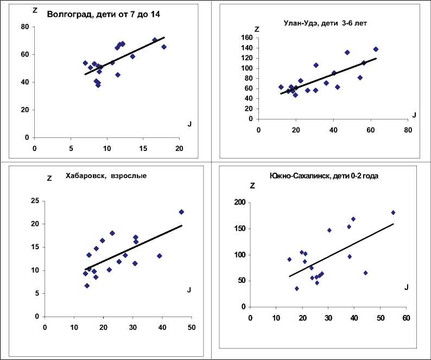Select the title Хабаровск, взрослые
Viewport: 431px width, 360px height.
coord(106,175)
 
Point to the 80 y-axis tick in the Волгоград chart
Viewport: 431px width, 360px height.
coord(25,27)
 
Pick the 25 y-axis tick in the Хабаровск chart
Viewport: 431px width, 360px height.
coord(34,201)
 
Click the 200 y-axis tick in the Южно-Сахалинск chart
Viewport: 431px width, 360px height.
coord(239,203)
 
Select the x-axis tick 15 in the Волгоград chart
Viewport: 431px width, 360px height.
coord(143,148)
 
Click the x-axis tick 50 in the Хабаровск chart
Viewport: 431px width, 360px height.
coord(192,327)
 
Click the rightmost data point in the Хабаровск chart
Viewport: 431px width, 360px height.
coord(181,212)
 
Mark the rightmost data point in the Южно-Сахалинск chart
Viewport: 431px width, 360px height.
coord(393,212)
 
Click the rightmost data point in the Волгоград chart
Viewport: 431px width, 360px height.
coord(163,47)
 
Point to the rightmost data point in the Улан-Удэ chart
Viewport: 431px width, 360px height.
coord(376,49)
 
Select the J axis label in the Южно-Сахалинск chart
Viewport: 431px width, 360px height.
coord(405,287)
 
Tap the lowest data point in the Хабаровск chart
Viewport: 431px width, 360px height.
coord(87,286)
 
